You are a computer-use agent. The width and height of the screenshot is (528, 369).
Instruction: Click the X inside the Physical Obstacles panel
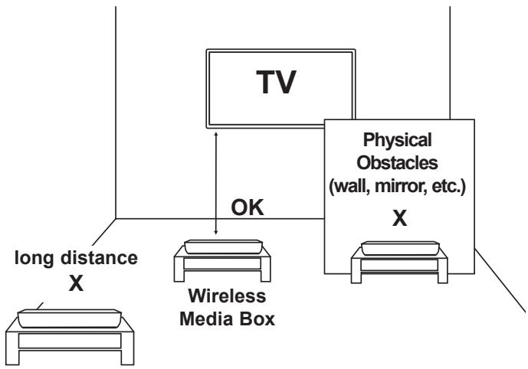coord(399,218)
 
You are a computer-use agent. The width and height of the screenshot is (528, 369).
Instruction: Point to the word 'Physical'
coord(398,142)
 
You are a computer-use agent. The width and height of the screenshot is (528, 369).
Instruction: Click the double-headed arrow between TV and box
coord(217,184)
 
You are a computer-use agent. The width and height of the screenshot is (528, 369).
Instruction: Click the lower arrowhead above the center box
coord(217,234)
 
